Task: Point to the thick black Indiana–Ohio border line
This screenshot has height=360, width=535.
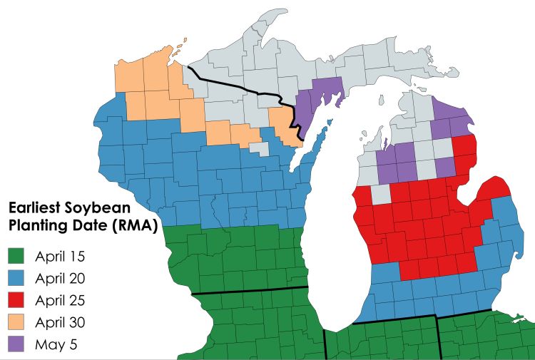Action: coord(437,339)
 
